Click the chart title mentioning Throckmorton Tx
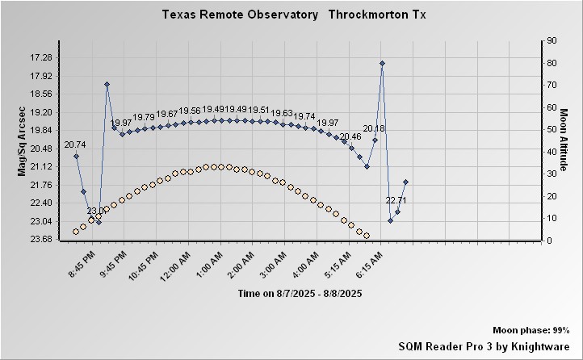(291, 15)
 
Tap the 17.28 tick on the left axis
(40, 57)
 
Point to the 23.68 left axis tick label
(40, 239)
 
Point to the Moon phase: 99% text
(531, 331)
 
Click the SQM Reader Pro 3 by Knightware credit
(484, 345)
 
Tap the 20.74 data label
(75, 144)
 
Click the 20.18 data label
(374, 128)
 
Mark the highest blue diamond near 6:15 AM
(382, 63)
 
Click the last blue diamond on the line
(405, 182)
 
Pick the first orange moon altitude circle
(76, 232)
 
